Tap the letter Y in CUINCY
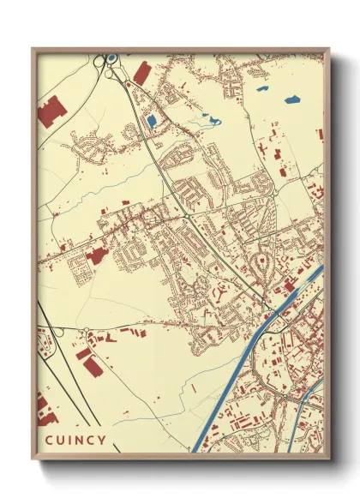click(x=103, y=441)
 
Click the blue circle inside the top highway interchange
click(x=111, y=60)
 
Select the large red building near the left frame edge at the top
click(x=51, y=112)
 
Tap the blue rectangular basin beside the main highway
click(x=151, y=122)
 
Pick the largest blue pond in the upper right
click(x=291, y=99)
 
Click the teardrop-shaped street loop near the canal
click(x=262, y=262)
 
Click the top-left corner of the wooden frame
click(x=33, y=49)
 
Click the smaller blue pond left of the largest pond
click(x=261, y=87)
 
